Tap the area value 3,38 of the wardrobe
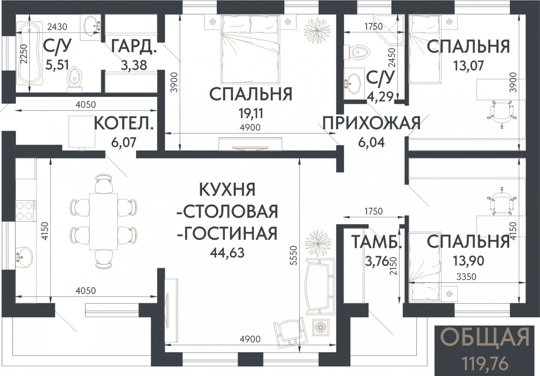pos(134,65)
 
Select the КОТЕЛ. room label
pos(124,124)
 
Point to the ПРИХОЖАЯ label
pos(371,123)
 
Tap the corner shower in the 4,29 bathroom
pos(388,29)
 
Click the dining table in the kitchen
pos(103,221)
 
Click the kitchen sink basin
pos(24,257)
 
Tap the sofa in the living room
pos(320,286)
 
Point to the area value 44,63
pos(227,253)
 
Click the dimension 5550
pos(294,255)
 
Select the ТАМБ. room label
pos(376,242)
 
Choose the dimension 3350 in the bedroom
pos(466,277)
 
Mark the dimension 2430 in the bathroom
pos(57,27)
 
